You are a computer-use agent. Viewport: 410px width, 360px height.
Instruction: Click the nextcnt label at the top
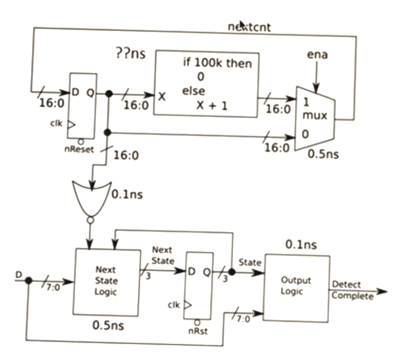(248, 28)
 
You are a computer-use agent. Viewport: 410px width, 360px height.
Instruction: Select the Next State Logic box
(107, 281)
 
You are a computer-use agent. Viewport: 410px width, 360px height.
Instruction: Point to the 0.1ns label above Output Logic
(300, 245)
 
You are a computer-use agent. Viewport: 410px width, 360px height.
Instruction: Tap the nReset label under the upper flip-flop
(78, 150)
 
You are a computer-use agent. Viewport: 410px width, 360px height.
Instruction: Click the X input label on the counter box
(162, 96)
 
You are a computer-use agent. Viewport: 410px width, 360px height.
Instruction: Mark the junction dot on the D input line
(29, 281)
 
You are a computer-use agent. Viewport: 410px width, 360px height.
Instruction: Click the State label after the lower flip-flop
(250, 263)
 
